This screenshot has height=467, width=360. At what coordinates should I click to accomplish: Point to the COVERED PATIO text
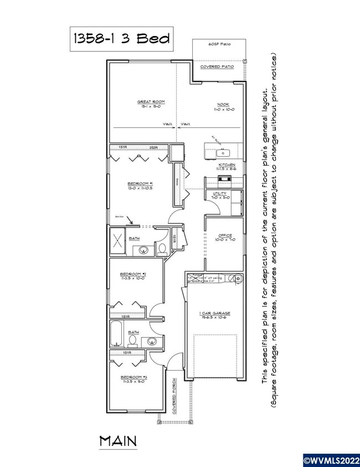(x=217, y=66)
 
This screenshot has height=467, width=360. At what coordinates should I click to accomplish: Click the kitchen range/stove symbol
(x=223, y=179)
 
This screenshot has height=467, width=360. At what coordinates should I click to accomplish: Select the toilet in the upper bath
(x=162, y=250)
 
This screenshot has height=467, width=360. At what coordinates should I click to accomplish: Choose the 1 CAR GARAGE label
(x=215, y=314)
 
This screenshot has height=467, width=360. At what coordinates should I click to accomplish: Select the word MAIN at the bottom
(x=118, y=441)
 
